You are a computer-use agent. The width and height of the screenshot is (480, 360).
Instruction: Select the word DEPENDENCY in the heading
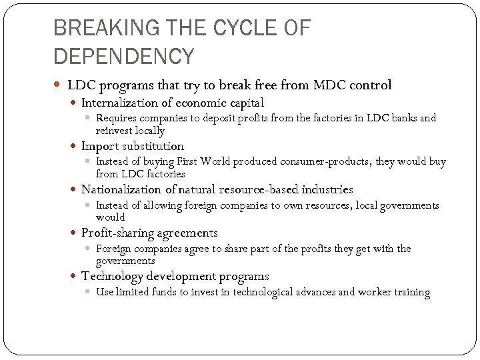(123, 56)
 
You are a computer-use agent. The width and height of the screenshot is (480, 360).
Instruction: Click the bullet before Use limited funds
(89, 292)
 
